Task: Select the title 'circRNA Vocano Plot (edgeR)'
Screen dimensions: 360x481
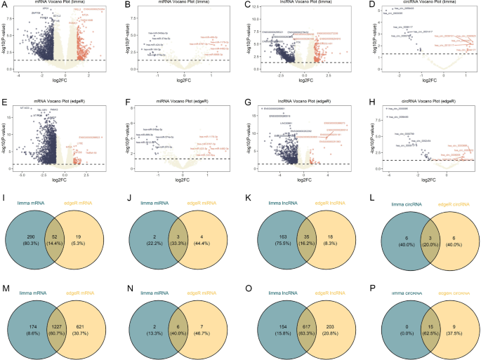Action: [424, 102]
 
